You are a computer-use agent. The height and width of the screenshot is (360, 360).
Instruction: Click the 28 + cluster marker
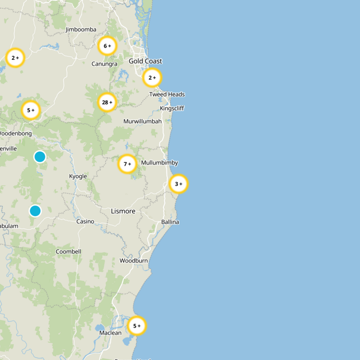click(x=107, y=102)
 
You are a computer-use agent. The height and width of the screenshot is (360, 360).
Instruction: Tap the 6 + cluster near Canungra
click(x=107, y=46)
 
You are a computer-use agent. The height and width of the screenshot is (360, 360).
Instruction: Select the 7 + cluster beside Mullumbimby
click(x=127, y=164)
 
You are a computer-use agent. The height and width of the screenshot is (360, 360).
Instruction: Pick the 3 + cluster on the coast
click(x=178, y=184)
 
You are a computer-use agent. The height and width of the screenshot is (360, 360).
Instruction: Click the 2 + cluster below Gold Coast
click(x=152, y=78)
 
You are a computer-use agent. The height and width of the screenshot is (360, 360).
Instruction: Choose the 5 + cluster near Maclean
click(x=137, y=326)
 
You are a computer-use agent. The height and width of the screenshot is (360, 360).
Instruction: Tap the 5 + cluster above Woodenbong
click(x=31, y=110)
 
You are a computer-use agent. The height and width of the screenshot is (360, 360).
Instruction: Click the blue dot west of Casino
click(x=35, y=211)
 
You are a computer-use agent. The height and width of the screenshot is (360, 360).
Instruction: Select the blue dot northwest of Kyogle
click(x=40, y=157)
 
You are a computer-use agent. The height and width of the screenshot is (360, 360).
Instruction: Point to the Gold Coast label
click(x=145, y=61)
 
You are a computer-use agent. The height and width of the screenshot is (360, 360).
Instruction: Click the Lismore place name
click(x=123, y=211)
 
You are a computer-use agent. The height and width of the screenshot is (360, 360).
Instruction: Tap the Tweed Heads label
click(x=167, y=94)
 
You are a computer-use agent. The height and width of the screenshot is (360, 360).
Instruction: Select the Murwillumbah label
click(x=142, y=121)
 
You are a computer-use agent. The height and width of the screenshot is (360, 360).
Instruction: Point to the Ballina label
click(x=170, y=222)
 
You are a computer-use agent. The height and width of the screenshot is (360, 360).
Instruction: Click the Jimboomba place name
click(x=81, y=30)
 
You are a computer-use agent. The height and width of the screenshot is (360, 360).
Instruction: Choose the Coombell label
click(x=68, y=252)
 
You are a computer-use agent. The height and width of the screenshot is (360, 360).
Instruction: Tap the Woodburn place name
click(x=134, y=261)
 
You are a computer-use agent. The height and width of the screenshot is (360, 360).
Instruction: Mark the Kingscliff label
click(x=172, y=108)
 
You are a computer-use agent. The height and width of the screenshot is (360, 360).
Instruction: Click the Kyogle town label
click(x=78, y=176)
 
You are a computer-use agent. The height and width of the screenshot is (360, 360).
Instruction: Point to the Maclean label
click(x=110, y=333)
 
